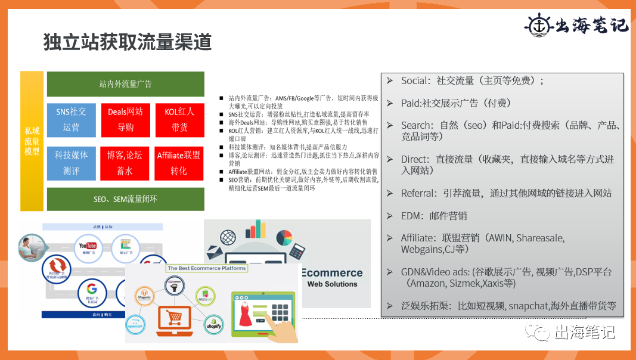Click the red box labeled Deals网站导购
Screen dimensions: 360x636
(125, 119)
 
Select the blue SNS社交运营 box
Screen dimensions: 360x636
(71, 119)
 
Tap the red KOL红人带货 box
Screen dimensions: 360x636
(179, 119)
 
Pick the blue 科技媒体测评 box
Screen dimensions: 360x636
(71, 163)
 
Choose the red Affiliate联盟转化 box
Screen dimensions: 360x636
(179, 163)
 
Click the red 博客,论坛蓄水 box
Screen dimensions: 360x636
(125, 163)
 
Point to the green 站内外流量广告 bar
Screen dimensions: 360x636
(125, 84)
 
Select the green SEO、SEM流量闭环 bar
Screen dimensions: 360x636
(125, 199)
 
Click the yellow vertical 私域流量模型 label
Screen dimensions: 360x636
(32, 141)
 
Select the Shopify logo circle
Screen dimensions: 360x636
(213, 324)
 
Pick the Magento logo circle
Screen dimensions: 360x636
(143, 296)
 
